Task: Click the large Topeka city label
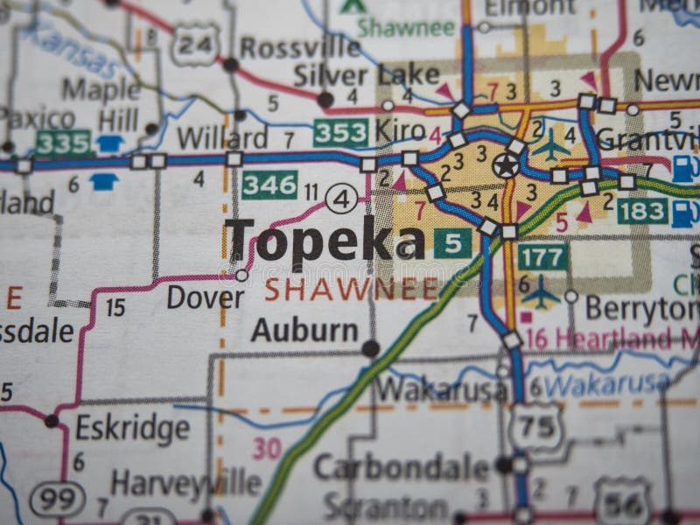click(x=324, y=238)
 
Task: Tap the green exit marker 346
click(x=269, y=184)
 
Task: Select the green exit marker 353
click(x=340, y=133)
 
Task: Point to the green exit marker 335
click(x=62, y=143)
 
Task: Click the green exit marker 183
click(x=641, y=210)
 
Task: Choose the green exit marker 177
click(x=542, y=255)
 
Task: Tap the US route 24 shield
click(x=194, y=45)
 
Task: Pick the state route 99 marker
click(x=58, y=499)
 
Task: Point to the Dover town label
click(x=206, y=297)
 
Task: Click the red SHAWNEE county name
click(x=351, y=289)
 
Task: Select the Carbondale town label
click(x=401, y=466)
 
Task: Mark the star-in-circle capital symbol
click(x=505, y=164)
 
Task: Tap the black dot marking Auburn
click(x=371, y=348)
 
